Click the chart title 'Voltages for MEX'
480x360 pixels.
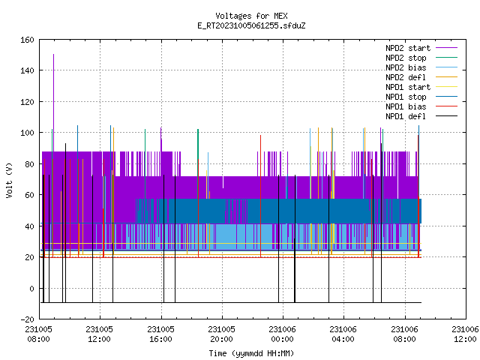pyautogui.click(x=251, y=16)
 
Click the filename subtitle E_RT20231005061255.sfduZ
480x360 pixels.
pyautogui.click(x=251, y=25)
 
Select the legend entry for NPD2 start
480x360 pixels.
pyautogui.click(x=421, y=48)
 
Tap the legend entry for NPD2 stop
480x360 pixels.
pyautogui.click(x=421, y=58)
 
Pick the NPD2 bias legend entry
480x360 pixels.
pyautogui.click(x=421, y=67)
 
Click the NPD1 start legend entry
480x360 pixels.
pyautogui.click(x=421, y=87)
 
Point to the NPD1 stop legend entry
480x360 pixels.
pyautogui.click(x=421, y=97)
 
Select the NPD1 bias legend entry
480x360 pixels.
pyautogui.click(x=421, y=106)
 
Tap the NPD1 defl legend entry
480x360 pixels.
pyautogui.click(x=421, y=117)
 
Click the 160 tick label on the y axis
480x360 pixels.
pyautogui.click(x=27, y=40)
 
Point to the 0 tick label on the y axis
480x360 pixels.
pyautogui.click(x=31, y=289)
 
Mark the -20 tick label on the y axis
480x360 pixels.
pyautogui.click(x=27, y=319)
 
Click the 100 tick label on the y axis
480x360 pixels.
pyautogui.click(x=27, y=133)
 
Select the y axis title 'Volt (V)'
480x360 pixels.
pyautogui.click(x=9, y=180)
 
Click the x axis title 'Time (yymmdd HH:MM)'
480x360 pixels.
pyautogui.click(x=251, y=353)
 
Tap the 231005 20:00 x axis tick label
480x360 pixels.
pyautogui.click(x=222, y=334)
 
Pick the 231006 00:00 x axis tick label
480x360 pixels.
pyautogui.click(x=283, y=334)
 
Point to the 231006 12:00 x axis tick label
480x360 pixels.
pyautogui.click(x=465, y=334)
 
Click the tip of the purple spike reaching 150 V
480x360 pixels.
pyautogui.click(x=53, y=55)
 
